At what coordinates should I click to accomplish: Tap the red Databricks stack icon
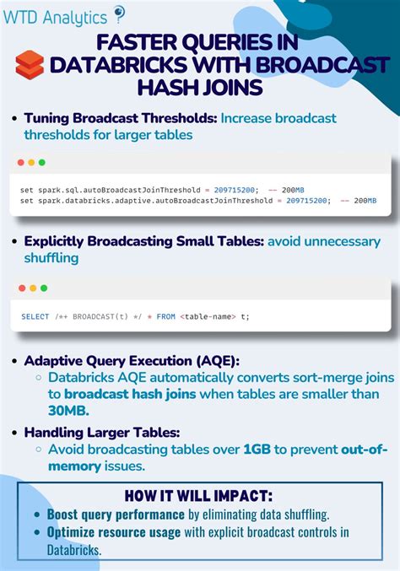pyautogui.click(x=30, y=64)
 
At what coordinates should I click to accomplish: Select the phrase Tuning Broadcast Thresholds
pyautogui.click(x=121, y=118)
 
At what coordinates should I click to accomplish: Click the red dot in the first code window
pyautogui.click(x=19, y=162)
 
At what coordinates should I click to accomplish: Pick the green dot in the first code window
pyautogui.click(x=42, y=162)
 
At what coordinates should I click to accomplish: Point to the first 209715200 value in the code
pyautogui.click(x=237, y=190)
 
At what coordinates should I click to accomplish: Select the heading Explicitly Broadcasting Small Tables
pyautogui.click(x=144, y=242)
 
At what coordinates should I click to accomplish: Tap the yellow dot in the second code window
pyautogui.click(x=31, y=288)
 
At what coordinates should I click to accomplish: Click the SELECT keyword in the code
pyautogui.click(x=35, y=316)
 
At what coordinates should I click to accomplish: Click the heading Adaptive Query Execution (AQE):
pyautogui.click(x=132, y=360)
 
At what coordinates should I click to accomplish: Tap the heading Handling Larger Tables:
pyautogui.click(x=102, y=432)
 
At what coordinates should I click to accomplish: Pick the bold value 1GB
pyautogui.click(x=257, y=449)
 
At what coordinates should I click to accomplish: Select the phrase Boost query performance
pyautogui.click(x=116, y=514)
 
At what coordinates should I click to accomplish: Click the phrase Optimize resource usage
pyautogui.click(x=113, y=532)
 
